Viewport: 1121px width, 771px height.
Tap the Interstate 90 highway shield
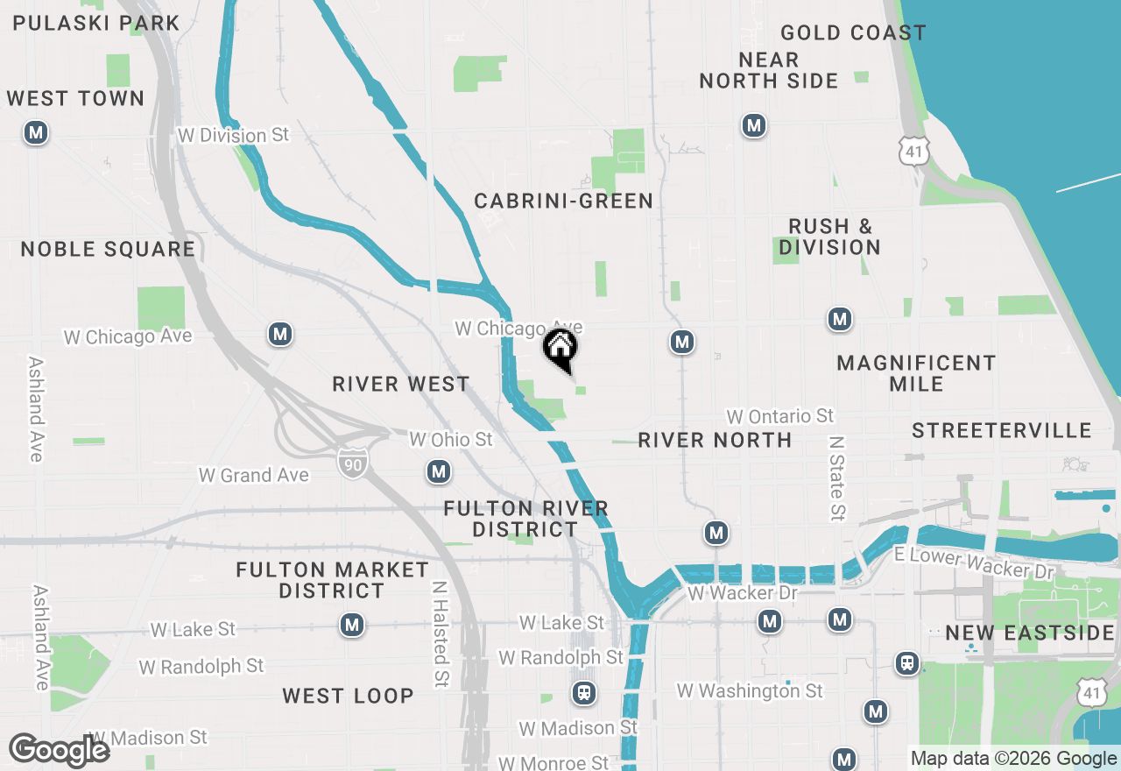[352, 462]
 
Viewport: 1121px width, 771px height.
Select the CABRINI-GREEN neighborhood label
[563, 201]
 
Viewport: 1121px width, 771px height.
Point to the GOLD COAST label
[853, 33]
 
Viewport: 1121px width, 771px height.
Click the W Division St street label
[233, 136]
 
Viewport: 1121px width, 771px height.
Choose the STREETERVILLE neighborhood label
[1001, 431]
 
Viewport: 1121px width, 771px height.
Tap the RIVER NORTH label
[715, 440]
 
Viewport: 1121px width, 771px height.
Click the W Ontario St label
[780, 416]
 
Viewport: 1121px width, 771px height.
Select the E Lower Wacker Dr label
[972, 563]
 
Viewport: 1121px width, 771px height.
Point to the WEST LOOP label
[348, 696]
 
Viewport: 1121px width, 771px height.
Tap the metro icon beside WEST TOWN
[35, 133]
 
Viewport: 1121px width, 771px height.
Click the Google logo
[59, 751]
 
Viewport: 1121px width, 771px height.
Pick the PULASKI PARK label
[96, 24]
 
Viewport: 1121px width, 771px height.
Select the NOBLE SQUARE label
[108, 250]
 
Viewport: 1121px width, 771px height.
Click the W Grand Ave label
[254, 476]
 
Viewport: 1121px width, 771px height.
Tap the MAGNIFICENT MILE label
[916, 373]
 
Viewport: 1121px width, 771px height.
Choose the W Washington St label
[750, 691]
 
